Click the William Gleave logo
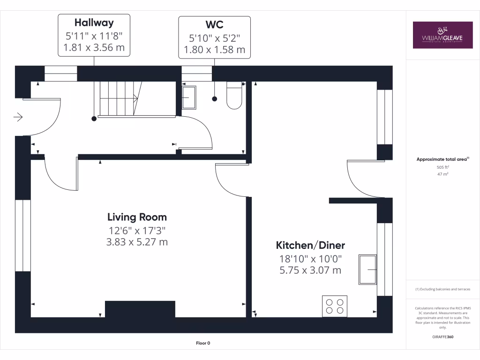442,35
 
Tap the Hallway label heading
94,22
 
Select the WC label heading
214,24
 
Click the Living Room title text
137,217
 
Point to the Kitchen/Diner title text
310,245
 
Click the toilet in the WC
233,96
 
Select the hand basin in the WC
189,97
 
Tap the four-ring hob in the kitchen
335,306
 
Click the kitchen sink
367,270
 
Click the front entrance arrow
18,117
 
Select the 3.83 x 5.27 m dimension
137,242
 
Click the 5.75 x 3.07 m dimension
310,270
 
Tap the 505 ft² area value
442,167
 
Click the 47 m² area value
442,174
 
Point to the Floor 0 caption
203,343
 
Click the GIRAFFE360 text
442,337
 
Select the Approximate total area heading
442,159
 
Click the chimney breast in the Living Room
140,309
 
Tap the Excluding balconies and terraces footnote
442,289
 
